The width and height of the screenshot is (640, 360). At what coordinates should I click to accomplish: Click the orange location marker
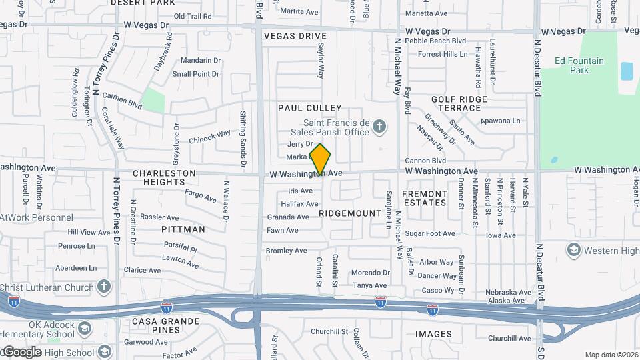321,159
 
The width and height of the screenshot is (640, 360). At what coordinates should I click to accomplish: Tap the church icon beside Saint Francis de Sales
379,126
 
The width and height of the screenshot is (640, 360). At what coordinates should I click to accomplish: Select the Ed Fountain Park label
579,65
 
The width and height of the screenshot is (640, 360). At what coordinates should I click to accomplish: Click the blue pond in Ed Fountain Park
627,71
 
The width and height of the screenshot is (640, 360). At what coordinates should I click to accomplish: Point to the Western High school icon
573,250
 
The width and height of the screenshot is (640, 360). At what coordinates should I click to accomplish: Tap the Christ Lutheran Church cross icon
103,287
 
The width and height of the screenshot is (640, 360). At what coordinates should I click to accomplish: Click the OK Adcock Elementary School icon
85,329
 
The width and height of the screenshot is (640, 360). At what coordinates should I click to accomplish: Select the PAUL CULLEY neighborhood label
309,108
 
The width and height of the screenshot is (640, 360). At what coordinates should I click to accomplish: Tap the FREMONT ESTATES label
424,198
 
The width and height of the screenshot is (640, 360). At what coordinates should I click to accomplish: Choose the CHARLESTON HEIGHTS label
164,177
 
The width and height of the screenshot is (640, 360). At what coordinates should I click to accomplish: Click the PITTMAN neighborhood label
183,229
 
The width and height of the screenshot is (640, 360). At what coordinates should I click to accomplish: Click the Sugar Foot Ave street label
430,233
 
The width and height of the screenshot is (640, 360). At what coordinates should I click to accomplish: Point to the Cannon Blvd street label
425,161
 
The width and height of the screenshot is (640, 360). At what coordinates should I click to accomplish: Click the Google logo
22,351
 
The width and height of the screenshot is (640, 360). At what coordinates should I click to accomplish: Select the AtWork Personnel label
36,217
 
